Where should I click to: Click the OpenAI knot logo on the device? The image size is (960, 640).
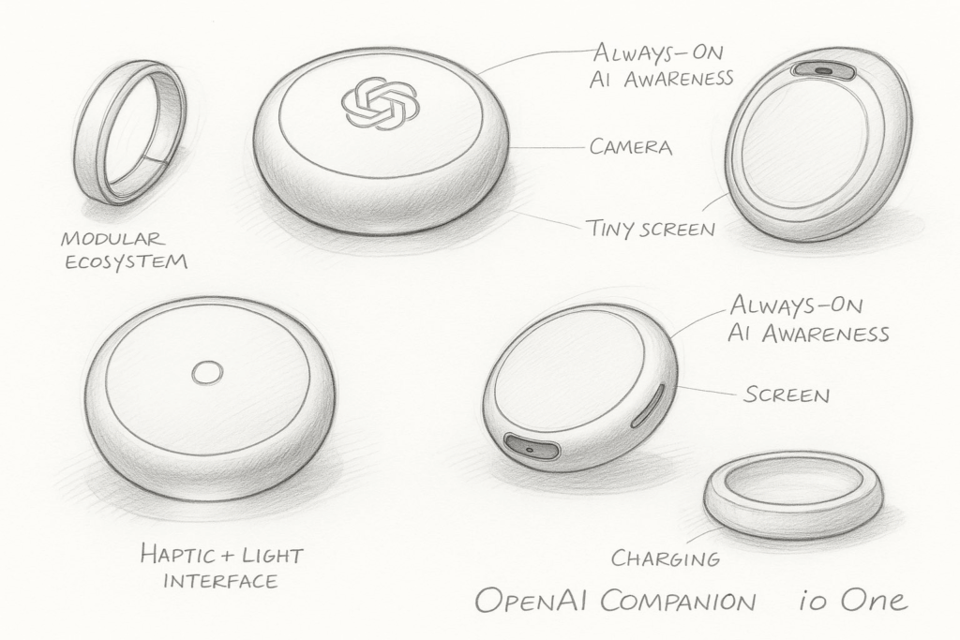pos(381,103)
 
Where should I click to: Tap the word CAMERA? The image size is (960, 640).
pos(631,147)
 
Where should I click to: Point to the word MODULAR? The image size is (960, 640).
pos(112,238)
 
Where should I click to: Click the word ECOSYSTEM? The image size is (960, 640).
pos(127,261)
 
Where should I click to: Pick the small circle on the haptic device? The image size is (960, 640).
pos(207,372)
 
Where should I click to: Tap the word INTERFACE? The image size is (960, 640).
pos(220,580)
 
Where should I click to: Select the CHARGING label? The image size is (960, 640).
pos(666,558)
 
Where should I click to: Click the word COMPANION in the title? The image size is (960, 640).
pos(678,601)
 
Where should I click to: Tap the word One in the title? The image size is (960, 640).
pos(874,600)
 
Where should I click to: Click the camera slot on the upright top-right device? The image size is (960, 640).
pos(823,70)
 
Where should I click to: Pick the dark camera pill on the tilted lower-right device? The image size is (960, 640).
pos(531,447)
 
